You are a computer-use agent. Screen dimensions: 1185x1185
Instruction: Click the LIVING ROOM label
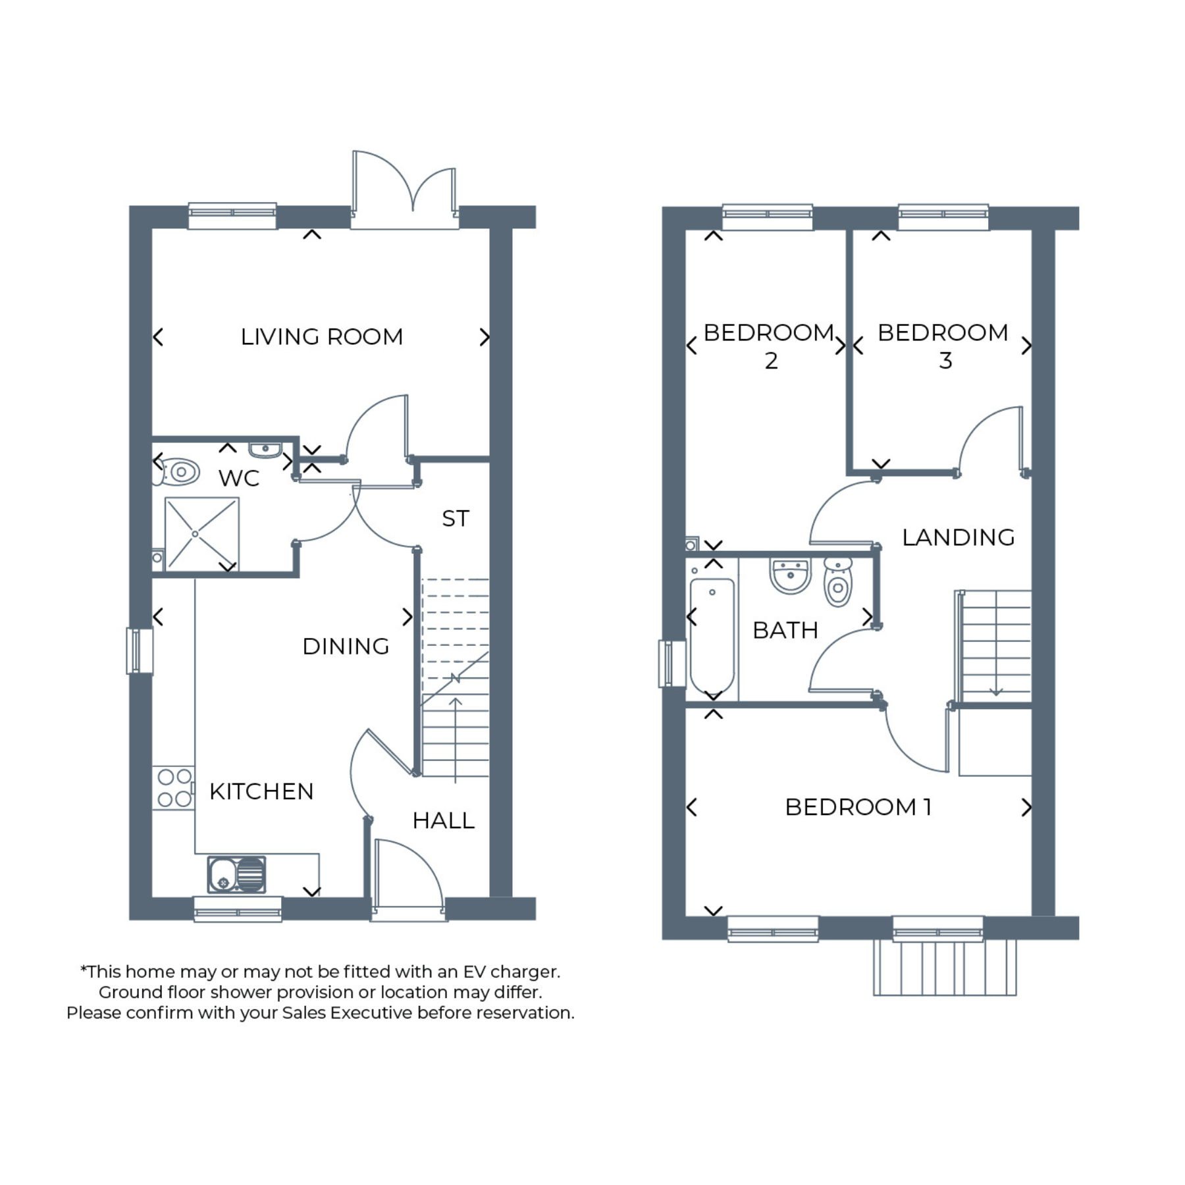click(321, 337)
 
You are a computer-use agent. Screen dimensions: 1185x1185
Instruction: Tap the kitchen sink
click(237, 874)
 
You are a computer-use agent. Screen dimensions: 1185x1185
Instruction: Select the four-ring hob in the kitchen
click(174, 788)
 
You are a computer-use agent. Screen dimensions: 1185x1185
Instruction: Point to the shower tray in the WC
click(201, 534)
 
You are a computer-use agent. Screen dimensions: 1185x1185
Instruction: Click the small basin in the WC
click(265, 450)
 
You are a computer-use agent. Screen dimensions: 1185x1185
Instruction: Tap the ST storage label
click(456, 519)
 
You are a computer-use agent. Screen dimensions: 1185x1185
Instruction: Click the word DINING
click(346, 646)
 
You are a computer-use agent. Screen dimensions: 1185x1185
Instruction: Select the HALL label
click(443, 820)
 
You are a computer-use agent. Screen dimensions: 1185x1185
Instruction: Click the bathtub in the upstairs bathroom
click(712, 636)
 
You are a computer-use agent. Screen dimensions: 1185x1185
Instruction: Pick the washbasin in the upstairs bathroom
click(790, 576)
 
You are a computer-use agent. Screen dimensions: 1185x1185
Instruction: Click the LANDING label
click(958, 537)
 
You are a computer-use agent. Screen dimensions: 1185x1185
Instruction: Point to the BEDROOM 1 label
click(858, 807)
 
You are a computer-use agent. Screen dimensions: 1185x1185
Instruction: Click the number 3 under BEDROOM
click(945, 361)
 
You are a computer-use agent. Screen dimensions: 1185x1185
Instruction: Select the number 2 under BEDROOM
click(771, 361)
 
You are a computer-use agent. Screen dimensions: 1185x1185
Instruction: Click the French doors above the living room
click(404, 190)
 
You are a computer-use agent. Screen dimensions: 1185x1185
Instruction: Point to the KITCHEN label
click(261, 791)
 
